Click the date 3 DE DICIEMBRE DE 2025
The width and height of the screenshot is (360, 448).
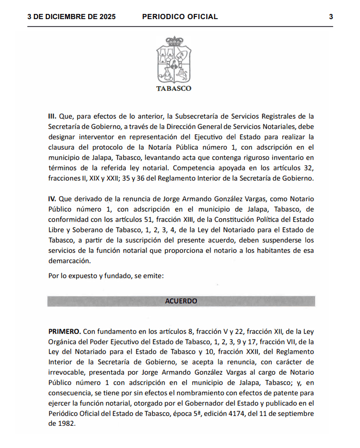71,17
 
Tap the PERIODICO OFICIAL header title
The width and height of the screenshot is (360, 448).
179,17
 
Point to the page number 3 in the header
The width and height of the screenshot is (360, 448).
331,17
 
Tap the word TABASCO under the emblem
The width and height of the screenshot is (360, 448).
174,88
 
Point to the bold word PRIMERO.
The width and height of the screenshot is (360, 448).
64,331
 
